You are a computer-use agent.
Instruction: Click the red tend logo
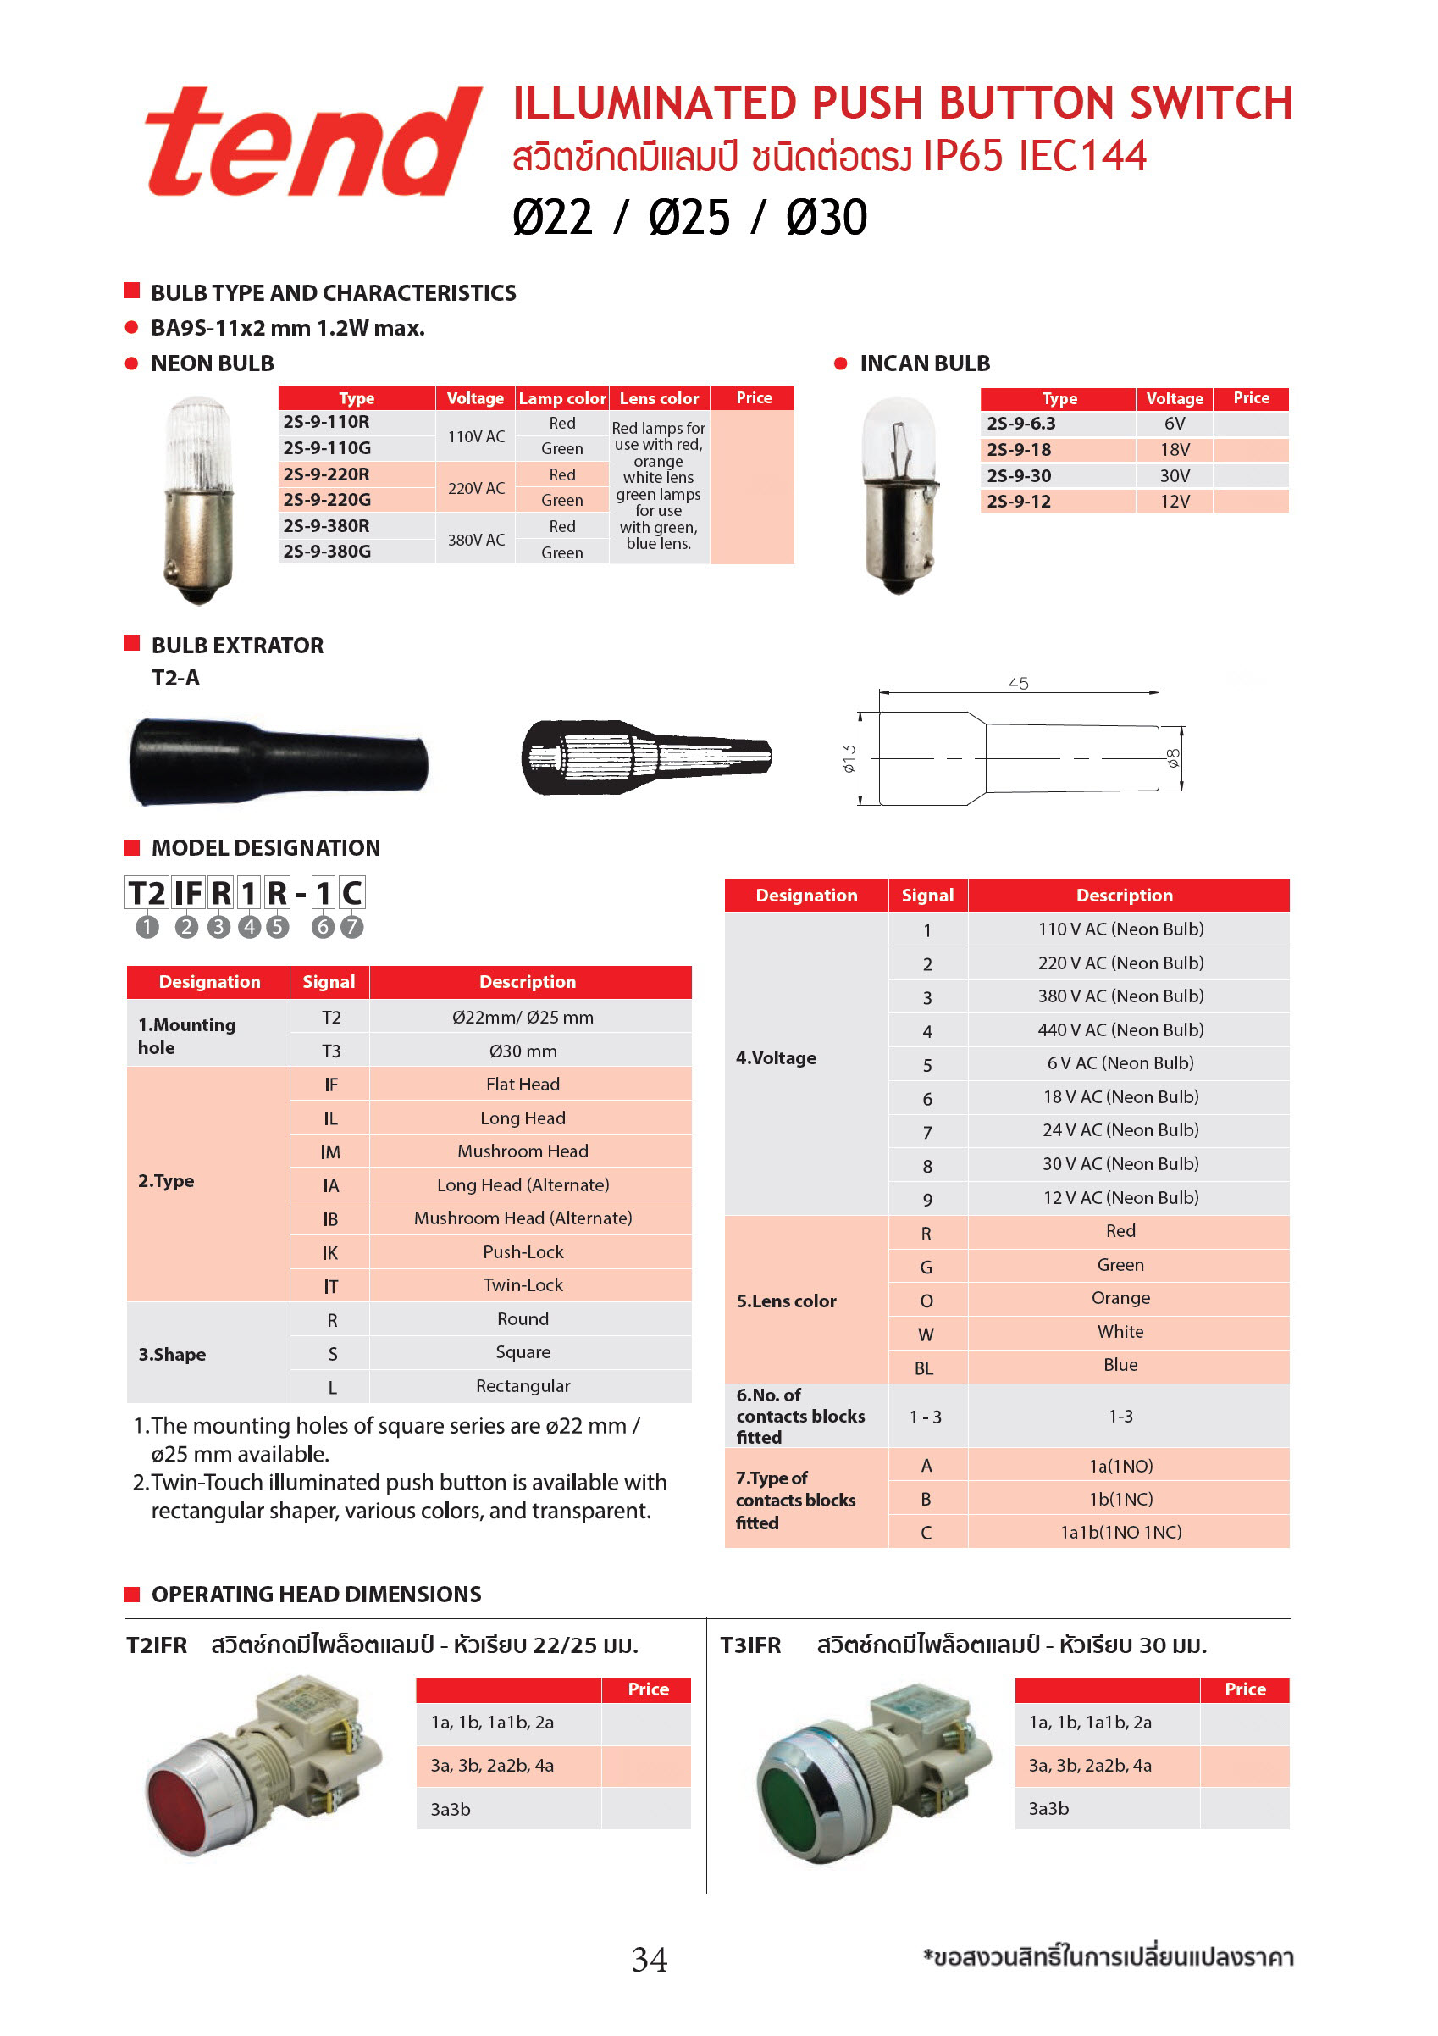[312, 141]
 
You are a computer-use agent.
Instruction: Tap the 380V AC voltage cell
[476, 539]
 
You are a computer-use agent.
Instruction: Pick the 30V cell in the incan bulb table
[1175, 476]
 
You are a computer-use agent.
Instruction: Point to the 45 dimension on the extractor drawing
[1018, 684]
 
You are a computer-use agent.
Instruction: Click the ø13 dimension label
[849, 758]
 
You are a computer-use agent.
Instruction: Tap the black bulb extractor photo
[279, 761]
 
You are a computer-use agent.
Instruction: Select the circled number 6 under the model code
[323, 927]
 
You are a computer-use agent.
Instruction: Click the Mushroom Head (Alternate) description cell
[523, 1218]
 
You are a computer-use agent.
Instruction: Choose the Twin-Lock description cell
[523, 1285]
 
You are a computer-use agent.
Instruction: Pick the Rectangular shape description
[523, 1386]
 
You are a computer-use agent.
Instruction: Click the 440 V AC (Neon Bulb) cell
[1120, 1029]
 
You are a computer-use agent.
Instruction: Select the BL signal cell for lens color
[925, 1368]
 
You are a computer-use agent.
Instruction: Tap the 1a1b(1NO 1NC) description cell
[1120, 1533]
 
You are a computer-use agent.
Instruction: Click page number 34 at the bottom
[649, 1959]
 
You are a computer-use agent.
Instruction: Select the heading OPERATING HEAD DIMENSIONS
[316, 1595]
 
